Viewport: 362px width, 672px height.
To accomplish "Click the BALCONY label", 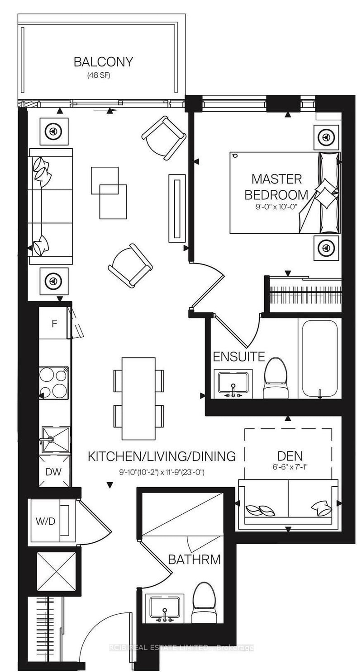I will point(104,62).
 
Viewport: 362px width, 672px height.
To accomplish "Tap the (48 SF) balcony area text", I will point(99,76).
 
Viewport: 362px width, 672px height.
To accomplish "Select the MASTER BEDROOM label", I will point(276,187).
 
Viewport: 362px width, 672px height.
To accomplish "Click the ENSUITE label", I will point(239,357).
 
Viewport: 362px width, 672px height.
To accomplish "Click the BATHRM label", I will point(194,559).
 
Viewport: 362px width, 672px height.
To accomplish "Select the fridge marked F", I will point(53,324).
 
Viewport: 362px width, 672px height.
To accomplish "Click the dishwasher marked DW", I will point(54,471).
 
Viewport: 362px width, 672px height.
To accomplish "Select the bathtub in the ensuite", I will point(319,360).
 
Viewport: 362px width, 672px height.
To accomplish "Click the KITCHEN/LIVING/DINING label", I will point(162,456).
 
